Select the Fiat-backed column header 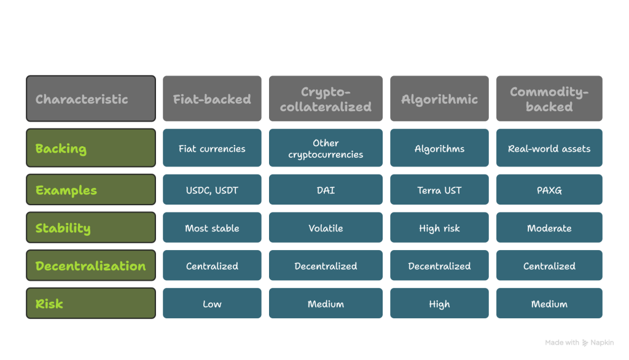tap(212, 99)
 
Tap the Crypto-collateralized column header tap(326, 99)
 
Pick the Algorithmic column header tap(439, 99)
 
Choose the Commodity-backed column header tap(549, 99)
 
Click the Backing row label tap(90, 148)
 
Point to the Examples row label tap(90, 190)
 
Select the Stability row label tap(90, 228)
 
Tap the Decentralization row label tap(90, 266)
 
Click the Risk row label tap(90, 303)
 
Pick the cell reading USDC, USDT tap(212, 190)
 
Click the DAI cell tap(326, 190)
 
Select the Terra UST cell tap(439, 190)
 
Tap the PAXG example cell tap(549, 190)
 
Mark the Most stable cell tap(212, 228)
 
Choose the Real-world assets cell tap(549, 148)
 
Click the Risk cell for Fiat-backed tap(212, 303)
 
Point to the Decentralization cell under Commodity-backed tap(549, 266)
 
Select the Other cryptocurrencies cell tap(326, 148)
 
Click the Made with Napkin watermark tap(579, 342)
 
